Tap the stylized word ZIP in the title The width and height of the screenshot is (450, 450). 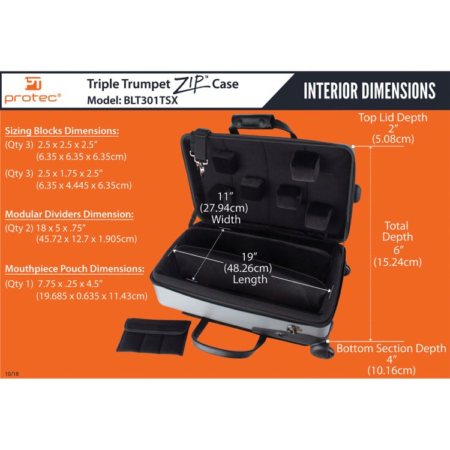(x=191, y=84)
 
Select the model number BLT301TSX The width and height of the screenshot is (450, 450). (x=152, y=100)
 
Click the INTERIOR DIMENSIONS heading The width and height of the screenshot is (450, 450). (x=369, y=91)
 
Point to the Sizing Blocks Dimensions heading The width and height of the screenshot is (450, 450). (x=62, y=131)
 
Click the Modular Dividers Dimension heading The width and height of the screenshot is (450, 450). (x=69, y=214)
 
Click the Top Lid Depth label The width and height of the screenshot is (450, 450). (x=393, y=118)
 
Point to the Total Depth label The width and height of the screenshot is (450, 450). (x=397, y=232)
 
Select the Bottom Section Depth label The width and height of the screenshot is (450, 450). (x=391, y=349)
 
